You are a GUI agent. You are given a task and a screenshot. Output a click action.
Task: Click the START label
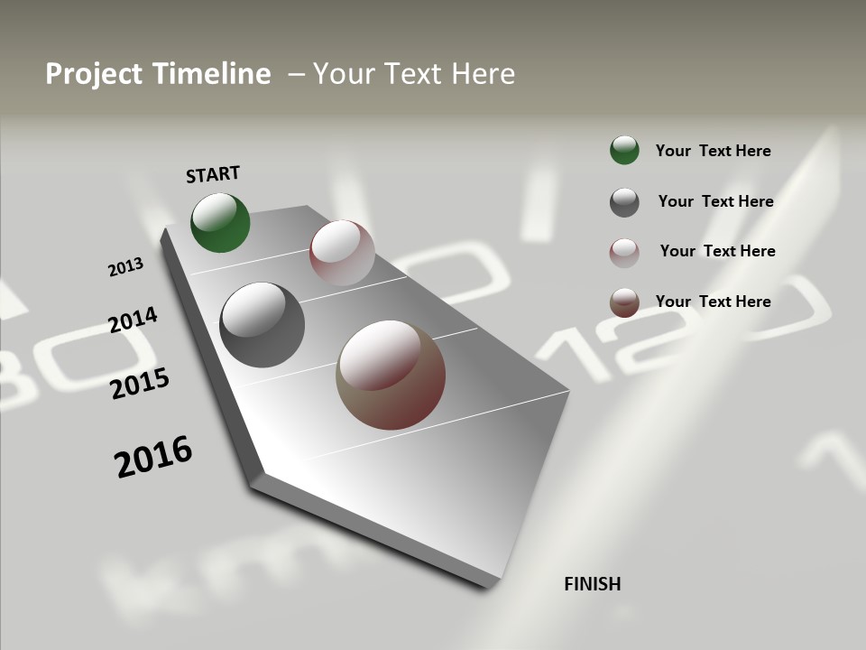coord(213,174)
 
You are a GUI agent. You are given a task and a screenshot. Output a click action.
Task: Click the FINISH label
coord(592,584)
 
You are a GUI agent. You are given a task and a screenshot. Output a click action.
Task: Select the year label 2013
coord(125,266)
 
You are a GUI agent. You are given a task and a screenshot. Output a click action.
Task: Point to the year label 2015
coord(140,384)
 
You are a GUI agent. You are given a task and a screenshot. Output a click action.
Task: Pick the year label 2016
coord(153,456)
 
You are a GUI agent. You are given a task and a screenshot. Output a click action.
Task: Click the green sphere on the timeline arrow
coord(220,223)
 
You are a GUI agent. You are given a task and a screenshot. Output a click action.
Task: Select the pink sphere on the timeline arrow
coord(342,253)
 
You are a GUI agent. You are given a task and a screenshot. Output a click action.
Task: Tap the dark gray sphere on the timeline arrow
coord(262,325)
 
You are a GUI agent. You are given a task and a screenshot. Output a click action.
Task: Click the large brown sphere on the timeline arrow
coord(391,375)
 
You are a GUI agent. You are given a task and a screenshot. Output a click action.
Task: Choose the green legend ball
coord(624,150)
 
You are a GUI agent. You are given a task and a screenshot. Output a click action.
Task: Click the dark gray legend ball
coord(624,202)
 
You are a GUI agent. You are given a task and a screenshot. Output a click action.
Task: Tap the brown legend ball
coord(624,302)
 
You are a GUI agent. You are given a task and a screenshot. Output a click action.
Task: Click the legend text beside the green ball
coord(713,151)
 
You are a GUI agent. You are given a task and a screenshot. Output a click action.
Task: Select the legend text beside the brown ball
coord(713,302)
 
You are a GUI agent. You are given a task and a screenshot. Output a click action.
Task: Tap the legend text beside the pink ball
coord(717,251)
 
